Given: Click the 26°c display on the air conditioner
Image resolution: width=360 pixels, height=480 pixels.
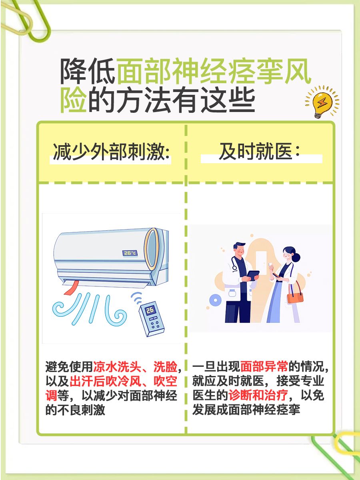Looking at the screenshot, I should click(130, 253).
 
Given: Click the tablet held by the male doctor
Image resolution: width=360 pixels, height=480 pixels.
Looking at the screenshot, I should click(253, 276).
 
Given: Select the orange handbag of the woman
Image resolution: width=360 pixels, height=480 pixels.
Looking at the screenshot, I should click(295, 296).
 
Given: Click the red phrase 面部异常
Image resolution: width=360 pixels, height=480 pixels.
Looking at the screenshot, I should click(264, 366).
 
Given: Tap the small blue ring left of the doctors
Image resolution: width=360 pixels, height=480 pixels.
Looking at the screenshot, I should click(216, 300).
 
